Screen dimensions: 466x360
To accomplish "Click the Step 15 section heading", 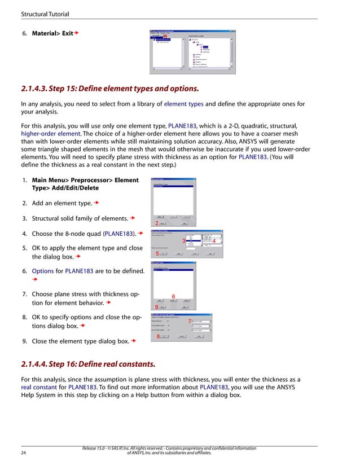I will pyautogui.click(x=110, y=89).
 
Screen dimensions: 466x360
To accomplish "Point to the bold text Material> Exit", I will pyautogui.click(x=52, y=34).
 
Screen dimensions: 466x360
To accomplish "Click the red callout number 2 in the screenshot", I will pyautogui.click(x=157, y=223).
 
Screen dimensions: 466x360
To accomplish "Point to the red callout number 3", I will pyautogui.click(x=184, y=241).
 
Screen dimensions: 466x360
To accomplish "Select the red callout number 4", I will pyautogui.click(x=214, y=242).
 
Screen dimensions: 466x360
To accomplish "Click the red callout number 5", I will pyautogui.click(x=157, y=254).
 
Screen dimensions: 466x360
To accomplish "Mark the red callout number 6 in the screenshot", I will pyautogui.click(x=173, y=296).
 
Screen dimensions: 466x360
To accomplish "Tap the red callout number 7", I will pyautogui.click(x=189, y=322).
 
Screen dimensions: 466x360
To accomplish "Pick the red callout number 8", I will pyautogui.click(x=158, y=336).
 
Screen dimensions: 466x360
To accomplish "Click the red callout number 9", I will pyautogui.click(x=156, y=306).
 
